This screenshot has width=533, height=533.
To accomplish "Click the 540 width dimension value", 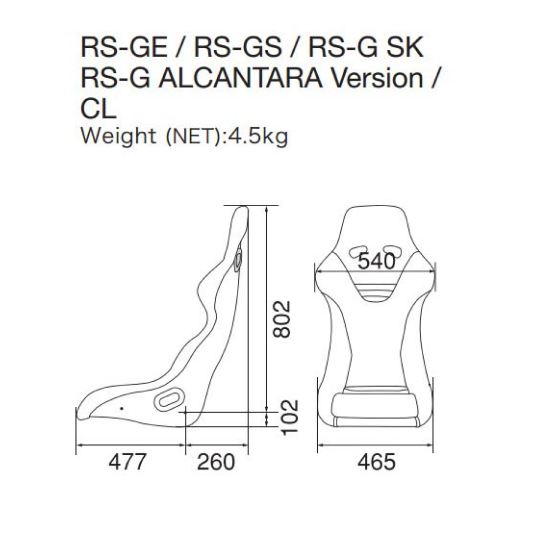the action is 377,261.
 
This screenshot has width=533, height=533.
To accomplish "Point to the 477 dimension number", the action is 127,462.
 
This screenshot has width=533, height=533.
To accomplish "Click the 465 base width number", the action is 377,462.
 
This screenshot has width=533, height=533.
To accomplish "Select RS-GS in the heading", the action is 238,47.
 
